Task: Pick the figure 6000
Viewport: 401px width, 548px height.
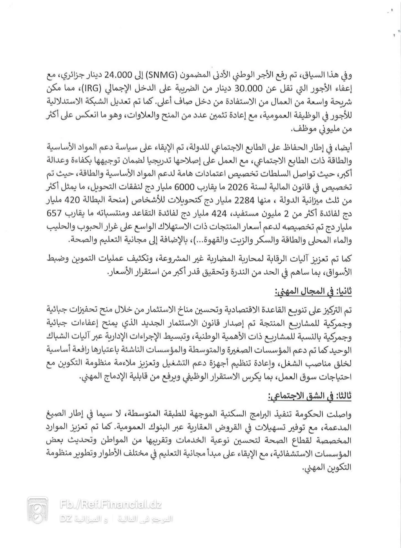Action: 190,187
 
